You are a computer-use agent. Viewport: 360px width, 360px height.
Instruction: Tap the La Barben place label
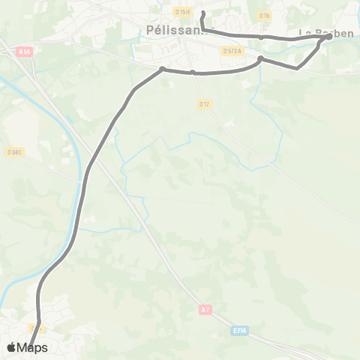pos(325,33)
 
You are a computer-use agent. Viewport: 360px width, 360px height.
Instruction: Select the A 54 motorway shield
pos(25,50)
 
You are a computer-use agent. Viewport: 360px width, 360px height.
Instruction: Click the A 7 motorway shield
pos(205,309)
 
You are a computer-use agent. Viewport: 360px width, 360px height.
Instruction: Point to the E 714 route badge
pos(239,329)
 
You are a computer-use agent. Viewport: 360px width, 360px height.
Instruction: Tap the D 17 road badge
pos(203,103)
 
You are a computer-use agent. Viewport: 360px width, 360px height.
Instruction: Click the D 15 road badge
pos(263,15)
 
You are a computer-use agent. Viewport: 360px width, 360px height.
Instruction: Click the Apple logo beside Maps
pos(11,347)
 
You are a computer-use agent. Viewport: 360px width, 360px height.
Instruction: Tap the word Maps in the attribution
pos(32,347)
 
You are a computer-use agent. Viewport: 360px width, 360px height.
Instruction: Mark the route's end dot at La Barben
pos(329,36)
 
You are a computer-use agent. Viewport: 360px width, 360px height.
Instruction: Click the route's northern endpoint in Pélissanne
pos(203,13)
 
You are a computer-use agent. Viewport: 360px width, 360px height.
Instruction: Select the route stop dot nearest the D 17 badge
pos(193,73)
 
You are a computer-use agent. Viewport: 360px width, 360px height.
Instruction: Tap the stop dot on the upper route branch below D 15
pos(261,36)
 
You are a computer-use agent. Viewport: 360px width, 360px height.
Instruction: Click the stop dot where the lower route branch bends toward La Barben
pos(260,58)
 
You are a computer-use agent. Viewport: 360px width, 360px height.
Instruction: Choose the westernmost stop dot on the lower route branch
pos(162,69)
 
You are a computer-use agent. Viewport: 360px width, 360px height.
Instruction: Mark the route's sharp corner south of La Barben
pos(298,68)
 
